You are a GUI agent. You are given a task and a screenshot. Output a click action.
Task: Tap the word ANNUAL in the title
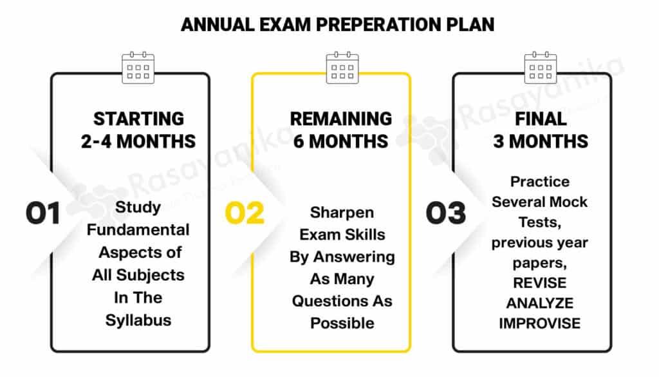[218, 25]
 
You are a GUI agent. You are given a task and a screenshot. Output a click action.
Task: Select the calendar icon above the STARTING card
[138, 68]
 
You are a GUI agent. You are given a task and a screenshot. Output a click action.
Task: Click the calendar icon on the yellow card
[342, 68]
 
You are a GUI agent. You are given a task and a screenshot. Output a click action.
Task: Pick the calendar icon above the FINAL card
[541, 68]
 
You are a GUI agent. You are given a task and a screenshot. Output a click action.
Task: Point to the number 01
[43, 213]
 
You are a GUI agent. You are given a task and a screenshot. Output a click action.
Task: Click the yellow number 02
[245, 213]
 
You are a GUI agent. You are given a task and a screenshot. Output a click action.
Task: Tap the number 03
[446, 213]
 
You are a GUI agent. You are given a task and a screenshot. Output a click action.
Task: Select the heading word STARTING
[139, 119]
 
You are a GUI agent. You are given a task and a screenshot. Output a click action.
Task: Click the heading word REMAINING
[341, 119]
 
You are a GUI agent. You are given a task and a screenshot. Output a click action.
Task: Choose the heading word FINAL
[541, 119]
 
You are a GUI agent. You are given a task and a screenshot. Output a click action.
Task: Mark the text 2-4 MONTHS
[138, 142]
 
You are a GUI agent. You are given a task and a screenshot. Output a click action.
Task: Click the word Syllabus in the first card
[138, 321]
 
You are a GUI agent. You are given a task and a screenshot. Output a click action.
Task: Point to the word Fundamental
[138, 229]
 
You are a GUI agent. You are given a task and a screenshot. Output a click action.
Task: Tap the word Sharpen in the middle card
[342, 213]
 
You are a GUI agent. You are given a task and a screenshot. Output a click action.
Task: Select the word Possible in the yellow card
[342, 323]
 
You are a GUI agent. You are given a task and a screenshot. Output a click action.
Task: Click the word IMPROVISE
[540, 324]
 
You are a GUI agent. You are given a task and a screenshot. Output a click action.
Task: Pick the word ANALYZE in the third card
[540, 304]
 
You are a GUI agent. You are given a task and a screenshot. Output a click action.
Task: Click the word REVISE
[540, 283]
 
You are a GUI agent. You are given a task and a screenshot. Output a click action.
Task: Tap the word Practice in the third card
[540, 182]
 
